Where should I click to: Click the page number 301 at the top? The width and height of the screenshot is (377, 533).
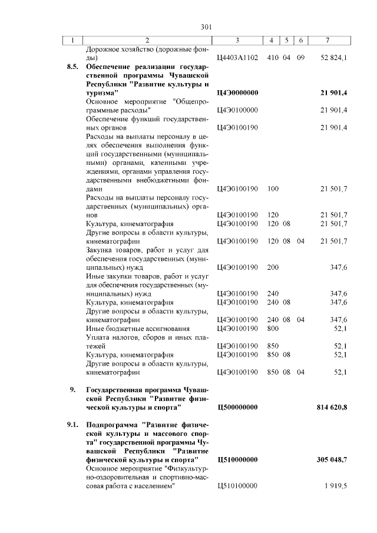(x=206, y=27)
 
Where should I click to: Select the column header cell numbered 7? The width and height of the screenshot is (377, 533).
(x=328, y=40)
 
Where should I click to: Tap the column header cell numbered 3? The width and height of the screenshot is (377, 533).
(x=237, y=40)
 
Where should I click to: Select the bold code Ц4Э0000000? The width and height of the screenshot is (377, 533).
(x=237, y=93)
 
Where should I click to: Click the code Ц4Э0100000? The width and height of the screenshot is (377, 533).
(x=237, y=110)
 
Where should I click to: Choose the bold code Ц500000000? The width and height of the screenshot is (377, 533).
(x=237, y=407)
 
